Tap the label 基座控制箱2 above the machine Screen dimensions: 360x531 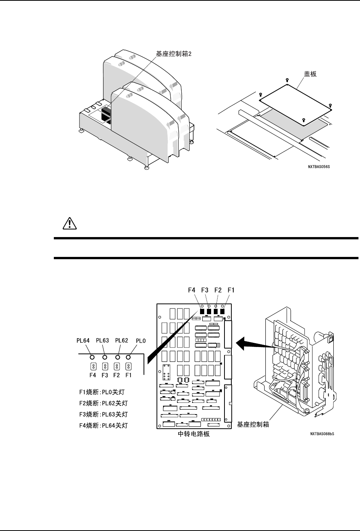[173, 54]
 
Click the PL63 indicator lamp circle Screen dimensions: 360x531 [105, 357]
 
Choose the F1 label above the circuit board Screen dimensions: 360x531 [231, 290]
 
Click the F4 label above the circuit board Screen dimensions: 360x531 [192, 290]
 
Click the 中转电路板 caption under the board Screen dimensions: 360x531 [194, 434]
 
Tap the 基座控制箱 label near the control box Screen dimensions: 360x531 [253, 424]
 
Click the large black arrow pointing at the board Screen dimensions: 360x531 [250, 345]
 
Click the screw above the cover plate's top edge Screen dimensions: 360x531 [287, 80]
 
